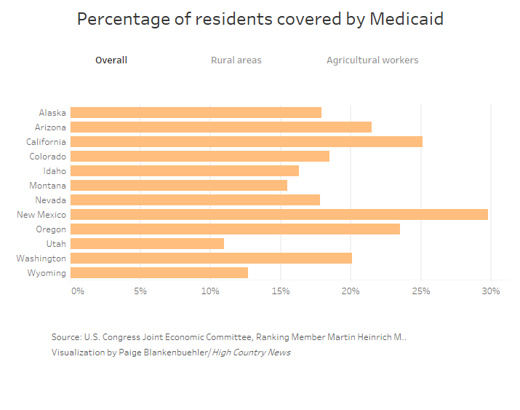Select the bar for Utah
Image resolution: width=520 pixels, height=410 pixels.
pyautogui.click(x=147, y=244)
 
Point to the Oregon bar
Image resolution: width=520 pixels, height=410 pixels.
pyautogui.click(x=235, y=229)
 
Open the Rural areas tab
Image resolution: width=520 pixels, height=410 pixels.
pyautogui.click(x=236, y=60)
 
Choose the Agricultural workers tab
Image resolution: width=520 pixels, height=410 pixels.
pyautogui.click(x=372, y=60)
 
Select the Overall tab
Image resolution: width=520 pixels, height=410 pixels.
pyautogui.click(x=111, y=60)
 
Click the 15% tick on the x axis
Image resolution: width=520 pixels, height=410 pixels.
pyautogui.click(x=281, y=291)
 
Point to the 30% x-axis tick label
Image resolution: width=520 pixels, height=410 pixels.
pyautogui.click(x=491, y=291)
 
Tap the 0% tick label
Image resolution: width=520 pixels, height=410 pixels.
pyautogui.click(x=77, y=291)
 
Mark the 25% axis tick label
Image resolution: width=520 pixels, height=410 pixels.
pyautogui.click(x=421, y=291)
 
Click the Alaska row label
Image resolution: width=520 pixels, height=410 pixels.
pyautogui.click(x=52, y=113)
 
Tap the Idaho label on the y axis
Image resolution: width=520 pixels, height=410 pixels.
pyautogui.click(x=55, y=171)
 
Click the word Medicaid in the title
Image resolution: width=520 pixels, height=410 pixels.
pyautogui.click(x=407, y=20)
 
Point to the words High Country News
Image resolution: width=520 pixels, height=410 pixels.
pyautogui.click(x=251, y=352)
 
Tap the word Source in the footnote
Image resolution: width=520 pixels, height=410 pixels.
pyautogui.click(x=65, y=338)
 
